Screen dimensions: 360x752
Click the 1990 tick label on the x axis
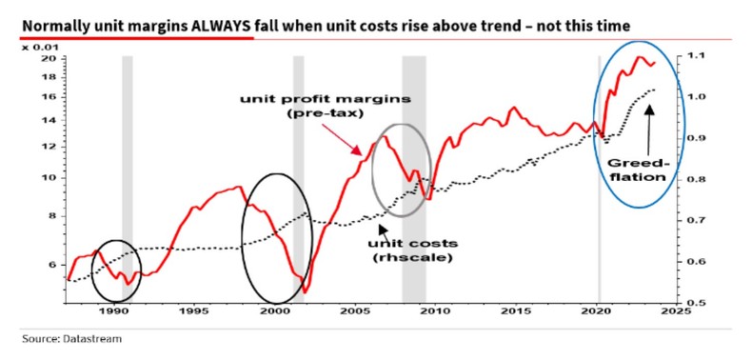[113, 311]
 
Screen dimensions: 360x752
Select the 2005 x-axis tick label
[355, 311]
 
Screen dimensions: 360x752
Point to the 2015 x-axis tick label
[516, 311]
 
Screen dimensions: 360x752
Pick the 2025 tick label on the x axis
[676, 311]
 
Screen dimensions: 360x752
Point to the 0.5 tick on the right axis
[696, 303]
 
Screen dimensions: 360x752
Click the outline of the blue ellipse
[597, 123]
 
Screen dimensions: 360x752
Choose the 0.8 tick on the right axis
[696, 179]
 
